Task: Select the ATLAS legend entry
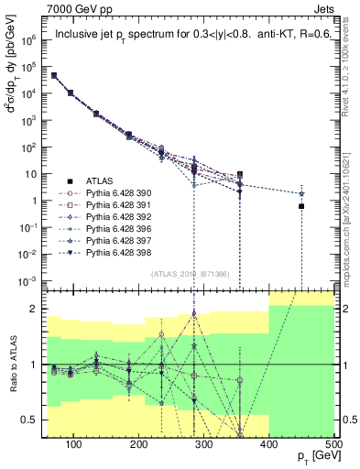point(104,181)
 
